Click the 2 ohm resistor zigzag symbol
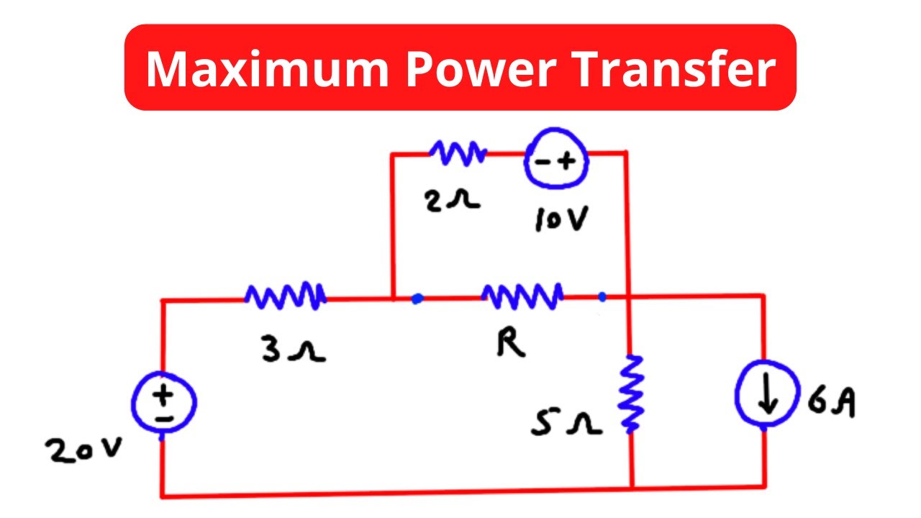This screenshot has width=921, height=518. tap(458, 153)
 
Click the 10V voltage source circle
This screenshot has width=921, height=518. tap(556, 163)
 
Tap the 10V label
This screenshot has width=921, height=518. tap(561, 220)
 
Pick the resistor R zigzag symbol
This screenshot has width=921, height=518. tap(522, 295)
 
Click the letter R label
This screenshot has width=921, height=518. tap(511, 345)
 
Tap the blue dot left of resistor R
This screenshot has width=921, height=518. tap(417, 298)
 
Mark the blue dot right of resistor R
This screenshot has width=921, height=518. tap(602, 296)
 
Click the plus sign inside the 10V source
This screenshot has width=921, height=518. tap(568, 162)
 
